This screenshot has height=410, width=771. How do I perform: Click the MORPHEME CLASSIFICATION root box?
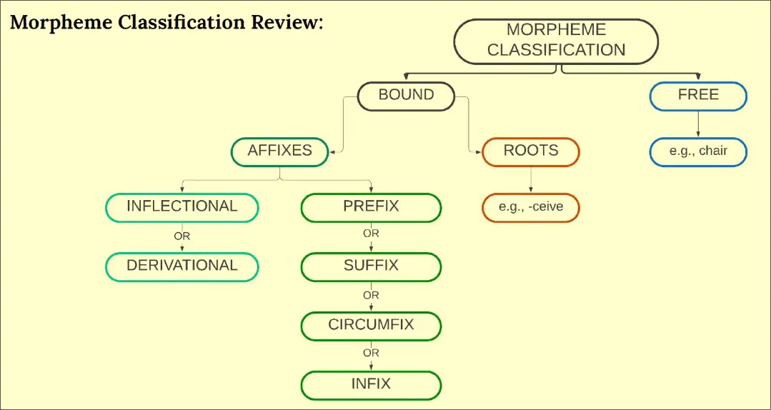click(556, 40)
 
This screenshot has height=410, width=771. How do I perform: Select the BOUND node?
click(406, 95)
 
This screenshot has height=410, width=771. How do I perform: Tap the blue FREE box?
click(698, 95)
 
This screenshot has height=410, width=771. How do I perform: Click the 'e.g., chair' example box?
click(698, 151)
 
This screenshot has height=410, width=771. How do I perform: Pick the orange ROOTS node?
click(530, 151)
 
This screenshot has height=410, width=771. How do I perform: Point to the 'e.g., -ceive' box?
click(530, 207)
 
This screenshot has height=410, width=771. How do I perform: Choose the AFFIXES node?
click(279, 151)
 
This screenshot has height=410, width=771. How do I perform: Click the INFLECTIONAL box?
click(181, 207)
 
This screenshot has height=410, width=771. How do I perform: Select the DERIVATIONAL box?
click(181, 266)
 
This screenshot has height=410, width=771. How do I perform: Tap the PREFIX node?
click(371, 207)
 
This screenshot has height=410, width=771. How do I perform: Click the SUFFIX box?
click(371, 266)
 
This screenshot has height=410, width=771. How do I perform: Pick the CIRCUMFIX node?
click(371, 325)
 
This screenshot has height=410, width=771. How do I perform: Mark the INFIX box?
click(371, 384)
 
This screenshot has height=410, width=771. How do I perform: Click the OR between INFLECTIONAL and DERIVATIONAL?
click(181, 236)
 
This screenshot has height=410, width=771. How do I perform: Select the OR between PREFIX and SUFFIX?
click(371, 234)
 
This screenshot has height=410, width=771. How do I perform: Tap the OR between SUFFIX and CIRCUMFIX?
click(371, 295)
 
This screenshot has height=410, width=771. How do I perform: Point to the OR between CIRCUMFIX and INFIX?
click(371, 353)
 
